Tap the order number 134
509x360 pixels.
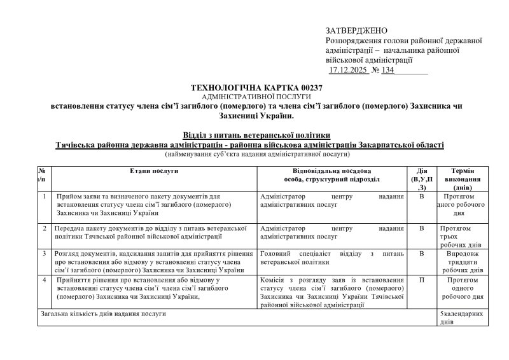coord(386,70)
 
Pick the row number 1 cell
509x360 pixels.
coord(43,197)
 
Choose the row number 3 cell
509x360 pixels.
coord(43,253)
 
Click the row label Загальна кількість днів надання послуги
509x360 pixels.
coord(104,314)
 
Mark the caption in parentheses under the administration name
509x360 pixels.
coord(256,155)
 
